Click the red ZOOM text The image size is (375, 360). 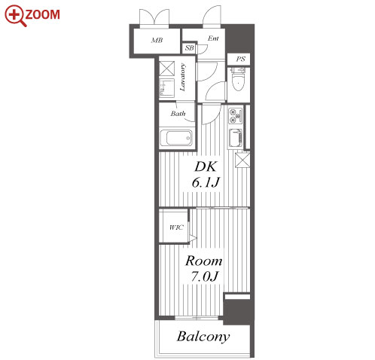[42, 14]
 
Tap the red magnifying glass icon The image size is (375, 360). [15, 16]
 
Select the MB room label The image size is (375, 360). [157, 40]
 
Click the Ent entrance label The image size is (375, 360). [213, 38]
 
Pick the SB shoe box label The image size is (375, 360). [190, 47]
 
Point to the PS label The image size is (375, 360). [240, 59]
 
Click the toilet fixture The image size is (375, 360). [238, 79]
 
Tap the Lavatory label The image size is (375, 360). [183, 78]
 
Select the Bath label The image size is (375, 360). [178, 114]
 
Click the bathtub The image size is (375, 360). [176, 138]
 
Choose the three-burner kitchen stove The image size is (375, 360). [235, 115]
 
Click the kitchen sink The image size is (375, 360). [235, 138]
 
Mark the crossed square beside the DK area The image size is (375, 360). [242, 160]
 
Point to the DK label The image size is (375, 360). [205, 166]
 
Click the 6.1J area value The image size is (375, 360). [206, 182]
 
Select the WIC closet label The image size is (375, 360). [176, 227]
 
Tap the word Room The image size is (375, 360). [204, 261]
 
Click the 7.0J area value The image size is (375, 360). [204, 276]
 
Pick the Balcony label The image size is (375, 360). [203, 337]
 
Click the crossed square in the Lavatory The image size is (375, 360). [167, 68]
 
